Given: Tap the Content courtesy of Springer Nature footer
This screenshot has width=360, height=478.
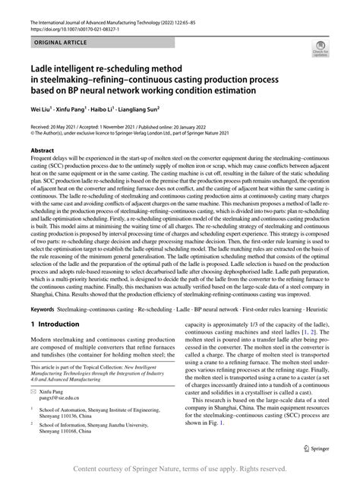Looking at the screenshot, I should click(180, 470).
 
